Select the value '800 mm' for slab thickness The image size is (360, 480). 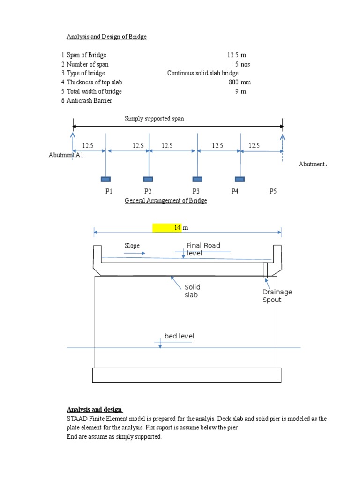240,82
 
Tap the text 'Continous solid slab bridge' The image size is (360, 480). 202,73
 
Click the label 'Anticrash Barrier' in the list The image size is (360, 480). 89,101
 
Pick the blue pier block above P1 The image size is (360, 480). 105,179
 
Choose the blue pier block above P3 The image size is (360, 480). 197,179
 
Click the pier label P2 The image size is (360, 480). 148,191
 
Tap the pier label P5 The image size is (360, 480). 273,191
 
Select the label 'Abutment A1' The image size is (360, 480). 66,155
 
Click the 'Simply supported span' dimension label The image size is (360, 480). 154,119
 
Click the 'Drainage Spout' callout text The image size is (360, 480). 277,296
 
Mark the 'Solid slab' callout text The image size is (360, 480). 192,291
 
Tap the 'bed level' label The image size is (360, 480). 179,336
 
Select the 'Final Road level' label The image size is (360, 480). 203,249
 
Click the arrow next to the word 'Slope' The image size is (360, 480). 135,254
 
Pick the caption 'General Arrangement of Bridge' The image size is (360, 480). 165,201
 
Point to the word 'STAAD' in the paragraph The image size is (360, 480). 77,419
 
